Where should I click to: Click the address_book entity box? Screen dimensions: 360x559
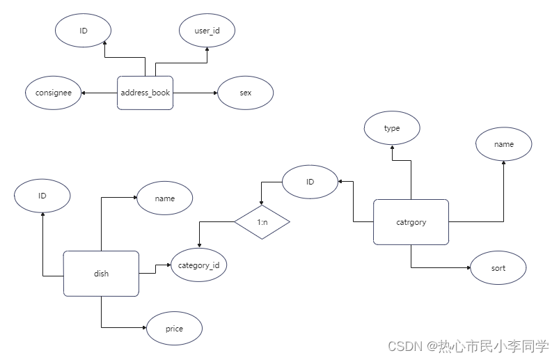[x=145, y=93]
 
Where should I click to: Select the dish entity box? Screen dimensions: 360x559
[x=101, y=273]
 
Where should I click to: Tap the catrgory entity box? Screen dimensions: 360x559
[x=411, y=222]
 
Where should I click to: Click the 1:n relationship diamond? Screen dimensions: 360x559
[x=262, y=222]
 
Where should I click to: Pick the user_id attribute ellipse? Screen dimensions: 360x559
[x=207, y=31]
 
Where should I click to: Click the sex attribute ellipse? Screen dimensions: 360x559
[x=245, y=93]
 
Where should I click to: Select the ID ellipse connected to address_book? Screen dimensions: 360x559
[x=83, y=30]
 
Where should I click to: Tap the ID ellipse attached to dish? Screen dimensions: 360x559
[x=42, y=196]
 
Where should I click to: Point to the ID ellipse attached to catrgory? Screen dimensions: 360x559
[x=310, y=182]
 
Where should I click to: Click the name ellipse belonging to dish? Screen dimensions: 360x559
[x=165, y=198]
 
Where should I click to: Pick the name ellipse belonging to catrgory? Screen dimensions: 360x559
[x=504, y=144]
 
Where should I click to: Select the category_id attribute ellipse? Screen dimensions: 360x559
[x=198, y=265]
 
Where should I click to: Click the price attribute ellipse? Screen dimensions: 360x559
[x=174, y=328]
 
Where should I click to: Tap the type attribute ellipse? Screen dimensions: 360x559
[x=392, y=129]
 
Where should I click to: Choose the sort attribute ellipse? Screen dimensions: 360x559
[x=498, y=268]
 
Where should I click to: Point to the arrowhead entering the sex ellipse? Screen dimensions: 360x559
[x=215, y=93]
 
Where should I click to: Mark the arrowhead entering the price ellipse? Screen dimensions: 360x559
[x=143, y=328]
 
